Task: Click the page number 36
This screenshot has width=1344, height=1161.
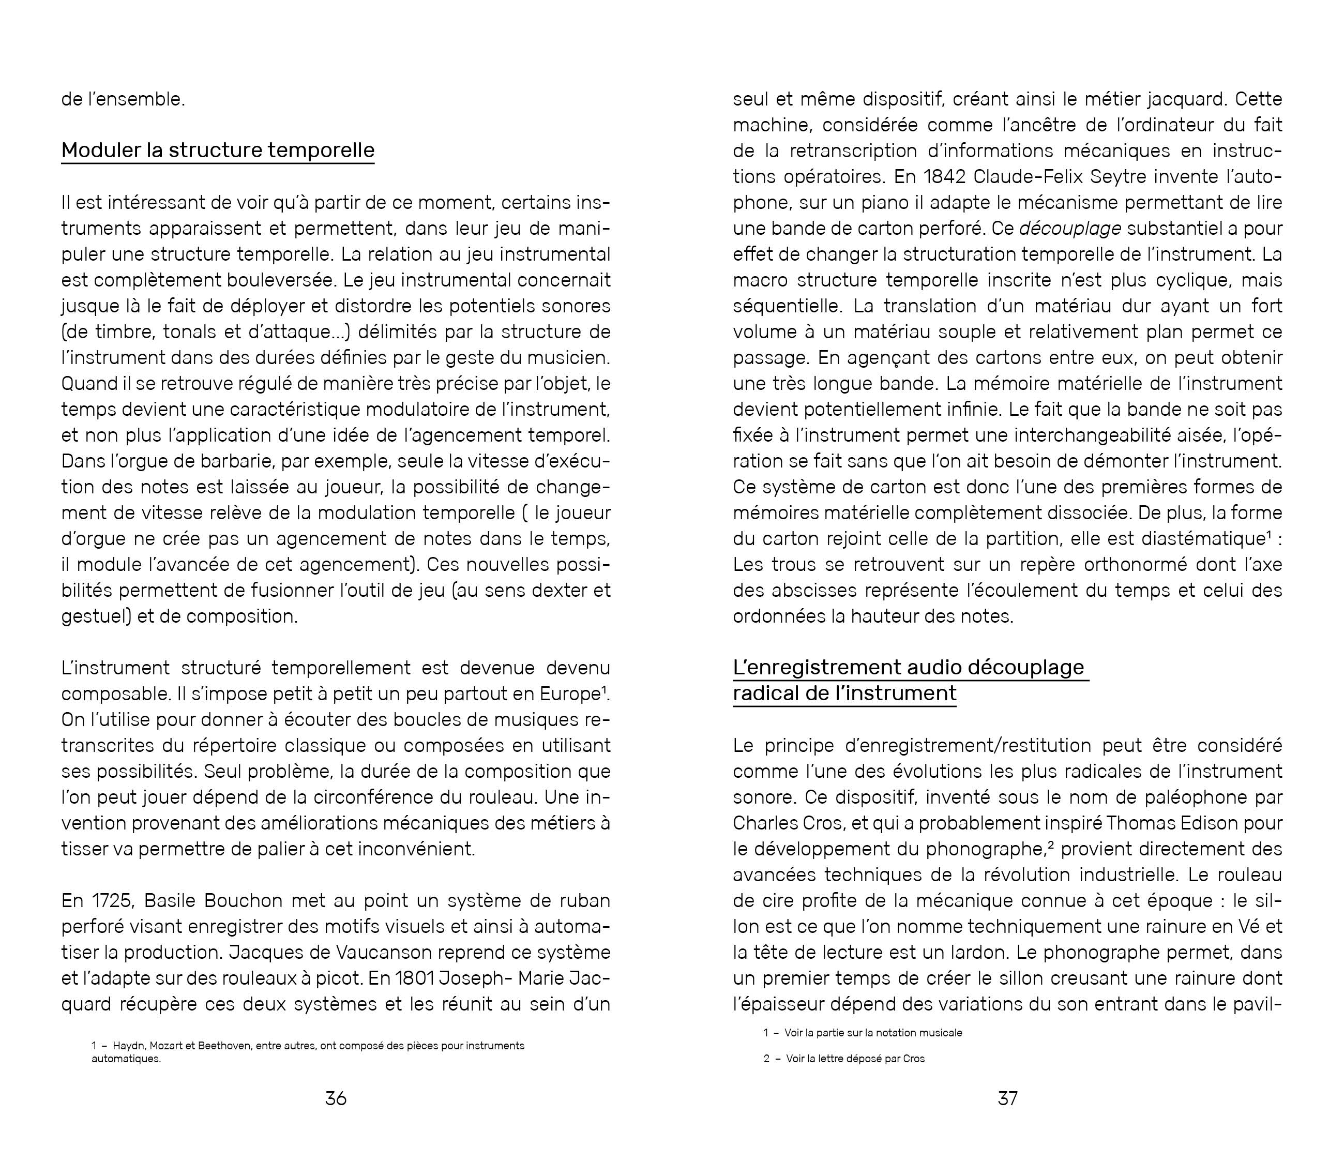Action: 335,1098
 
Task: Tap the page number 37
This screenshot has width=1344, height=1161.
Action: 1007,1098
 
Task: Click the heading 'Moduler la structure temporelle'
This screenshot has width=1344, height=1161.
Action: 218,150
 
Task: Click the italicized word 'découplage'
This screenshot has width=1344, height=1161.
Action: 1070,228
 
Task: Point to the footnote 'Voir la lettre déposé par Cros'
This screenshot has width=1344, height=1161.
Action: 855,1059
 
